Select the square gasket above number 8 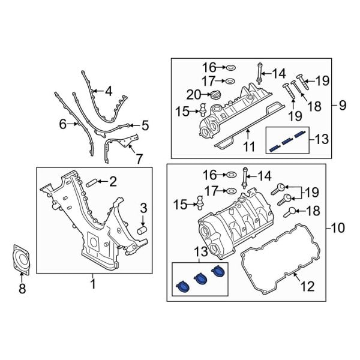coord(22,259)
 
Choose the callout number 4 coord(109,92)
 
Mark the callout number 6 coord(62,125)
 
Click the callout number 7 coord(139,160)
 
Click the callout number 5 coord(145,125)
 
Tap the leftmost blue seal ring coord(182,288)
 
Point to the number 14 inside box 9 coord(279,74)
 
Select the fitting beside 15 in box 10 coord(200,203)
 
